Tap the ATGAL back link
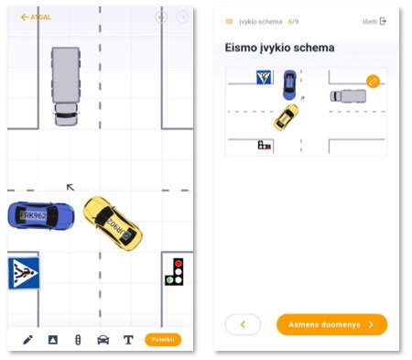[x=36, y=17]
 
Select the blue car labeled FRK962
[x=40, y=215]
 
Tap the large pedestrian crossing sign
[x=24, y=273]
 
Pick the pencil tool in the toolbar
[x=27, y=340]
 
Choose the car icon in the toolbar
[x=103, y=340]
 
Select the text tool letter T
[x=128, y=340]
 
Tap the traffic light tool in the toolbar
[x=78, y=340]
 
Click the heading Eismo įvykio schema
[x=279, y=48]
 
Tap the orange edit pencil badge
[x=373, y=81]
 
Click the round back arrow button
[x=243, y=324]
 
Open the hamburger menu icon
[x=229, y=21]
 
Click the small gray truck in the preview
[x=348, y=95]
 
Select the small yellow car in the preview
[x=286, y=116]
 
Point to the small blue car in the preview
[x=290, y=84]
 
